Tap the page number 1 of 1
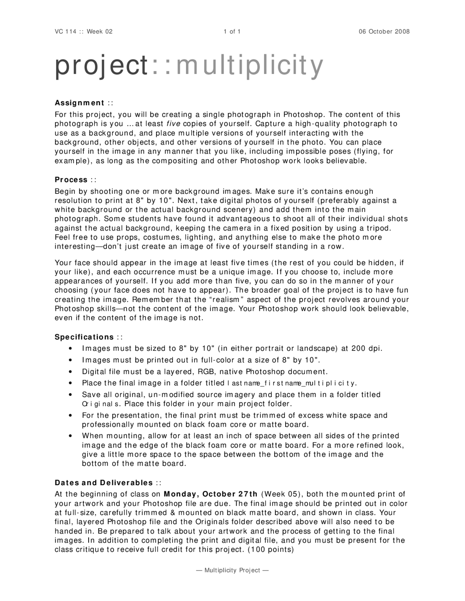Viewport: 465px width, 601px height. click(232, 32)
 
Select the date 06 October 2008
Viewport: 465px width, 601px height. click(384, 32)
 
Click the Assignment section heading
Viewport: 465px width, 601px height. click(80, 103)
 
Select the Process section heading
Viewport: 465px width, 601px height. click(71, 180)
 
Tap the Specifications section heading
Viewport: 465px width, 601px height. click(84, 337)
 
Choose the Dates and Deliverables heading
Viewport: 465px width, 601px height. click(104, 483)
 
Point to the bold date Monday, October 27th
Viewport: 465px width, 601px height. click(211, 494)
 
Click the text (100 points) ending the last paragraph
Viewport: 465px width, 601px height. click(270, 549)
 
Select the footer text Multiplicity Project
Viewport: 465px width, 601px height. click(232, 570)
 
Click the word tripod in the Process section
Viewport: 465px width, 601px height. click(381, 228)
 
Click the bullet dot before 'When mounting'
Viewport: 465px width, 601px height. click(69, 436)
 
